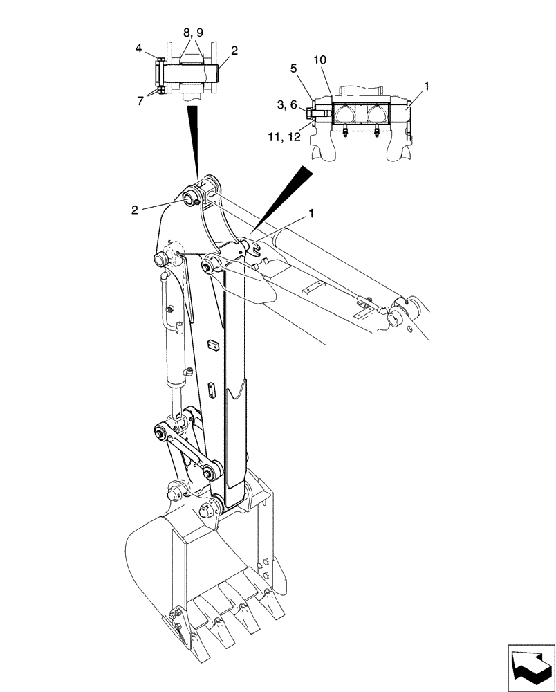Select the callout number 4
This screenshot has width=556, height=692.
(138, 48)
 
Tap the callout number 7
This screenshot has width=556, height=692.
(140, 101)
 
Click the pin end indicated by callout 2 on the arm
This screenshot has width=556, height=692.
(188, 201)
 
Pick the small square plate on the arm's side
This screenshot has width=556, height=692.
(213, 344)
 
